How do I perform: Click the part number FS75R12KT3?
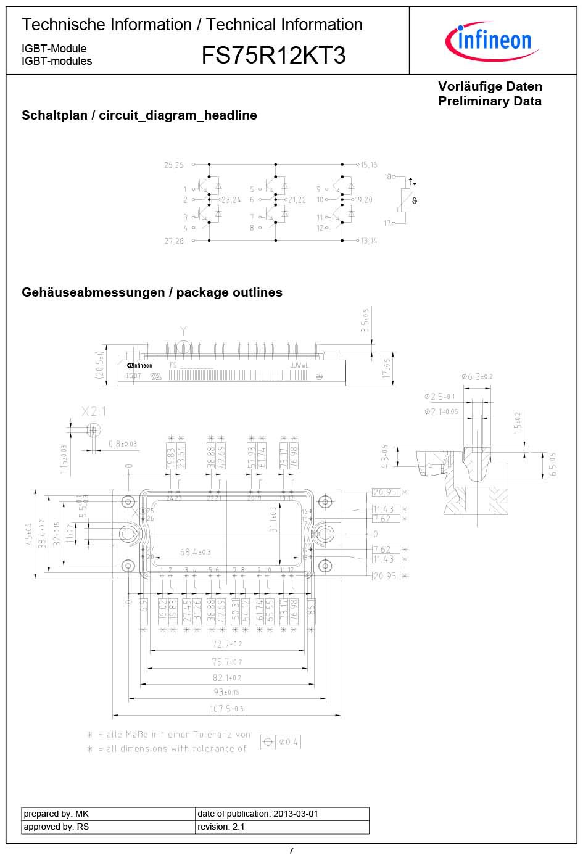(x=273, y=56)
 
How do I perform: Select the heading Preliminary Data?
(x=490, y=101)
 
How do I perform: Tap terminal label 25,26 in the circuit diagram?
(x=173, y=165)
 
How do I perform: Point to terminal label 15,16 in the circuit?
(x=369, y=165)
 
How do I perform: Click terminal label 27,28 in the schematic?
(x=174, y=241)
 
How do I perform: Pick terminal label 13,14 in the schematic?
(x=369, y=241)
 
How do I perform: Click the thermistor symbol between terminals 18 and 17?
(x=405, y=200)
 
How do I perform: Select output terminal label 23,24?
(x=231, y=200)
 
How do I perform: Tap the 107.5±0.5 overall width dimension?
(x=226, y=709)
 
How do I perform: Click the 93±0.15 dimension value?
(x=226, y=692)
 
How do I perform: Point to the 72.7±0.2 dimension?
(x=226, y=644)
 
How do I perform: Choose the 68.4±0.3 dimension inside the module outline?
(x=195, y=552)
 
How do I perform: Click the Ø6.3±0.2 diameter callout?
(x=477, y=376)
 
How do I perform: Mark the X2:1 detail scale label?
(x=94, y=411)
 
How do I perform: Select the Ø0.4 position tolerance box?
(x=281, y=742)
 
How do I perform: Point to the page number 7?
(x=291, y=851)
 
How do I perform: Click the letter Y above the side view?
(x=183, y=331)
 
